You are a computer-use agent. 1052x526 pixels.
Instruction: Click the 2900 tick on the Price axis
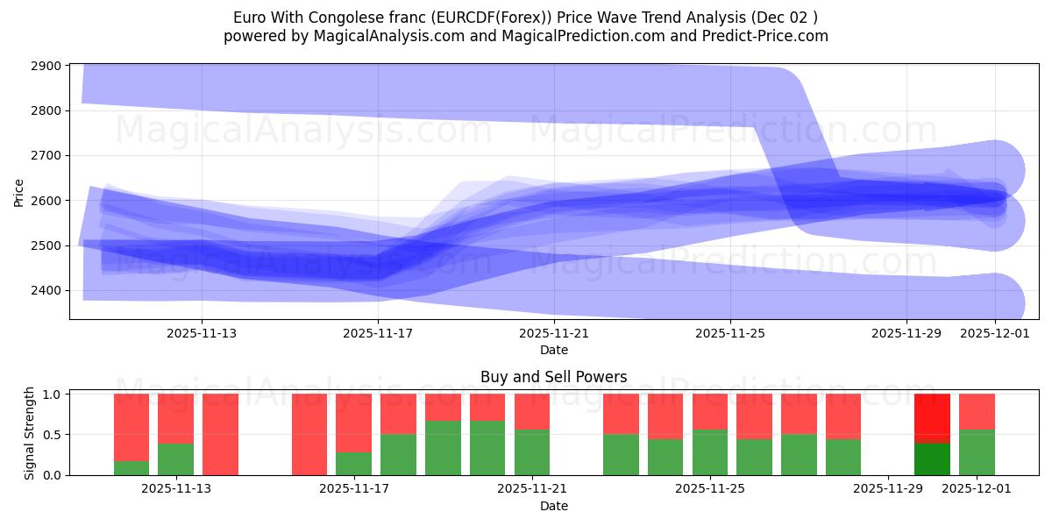coord(46,66)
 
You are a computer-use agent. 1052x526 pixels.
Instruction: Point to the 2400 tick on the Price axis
coord(46,290)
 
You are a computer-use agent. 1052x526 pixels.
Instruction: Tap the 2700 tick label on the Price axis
coord(46,156)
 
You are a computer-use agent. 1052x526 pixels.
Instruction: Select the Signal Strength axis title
coord(29,434)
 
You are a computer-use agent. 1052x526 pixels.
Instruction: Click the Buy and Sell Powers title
coord(553,377)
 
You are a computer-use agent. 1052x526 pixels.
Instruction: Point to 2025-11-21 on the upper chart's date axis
coord(554,333)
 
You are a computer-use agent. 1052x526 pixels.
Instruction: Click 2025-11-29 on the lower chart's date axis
coord(888,488)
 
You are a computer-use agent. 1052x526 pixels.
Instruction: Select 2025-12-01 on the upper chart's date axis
coord(994,333)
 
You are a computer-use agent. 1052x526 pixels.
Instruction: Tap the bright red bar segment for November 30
coord(932,418)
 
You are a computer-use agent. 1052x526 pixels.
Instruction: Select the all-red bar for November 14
coord(220,434)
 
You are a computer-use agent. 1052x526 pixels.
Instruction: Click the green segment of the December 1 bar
coord(977,452)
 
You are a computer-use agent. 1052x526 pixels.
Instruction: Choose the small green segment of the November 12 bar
coord(131,468)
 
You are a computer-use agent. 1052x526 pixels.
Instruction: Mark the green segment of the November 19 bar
coord(443,448)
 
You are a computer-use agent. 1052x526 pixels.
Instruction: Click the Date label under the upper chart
coord(553,350)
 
